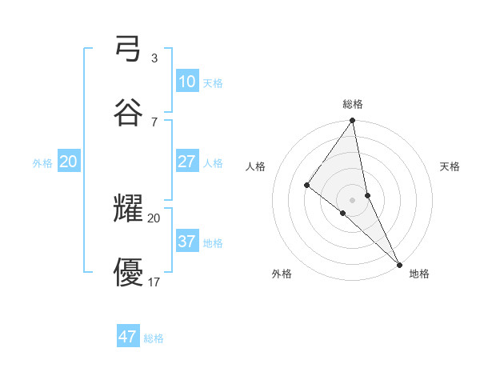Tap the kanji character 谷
(128, 112)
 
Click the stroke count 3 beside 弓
(154, 58)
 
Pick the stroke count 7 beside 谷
(154, 122)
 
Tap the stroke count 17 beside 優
(154, 282)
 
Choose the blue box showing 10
(186, 82)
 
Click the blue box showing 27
(186, 162)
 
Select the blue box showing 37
(186, 241)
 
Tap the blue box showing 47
(128, 337)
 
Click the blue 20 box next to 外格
(69, 162)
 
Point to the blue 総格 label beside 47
(154, 338)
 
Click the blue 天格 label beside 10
(213, 83)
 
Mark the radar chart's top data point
(352, 122)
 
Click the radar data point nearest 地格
(399, 264)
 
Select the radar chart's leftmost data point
(306, 186)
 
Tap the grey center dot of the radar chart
(352, 199)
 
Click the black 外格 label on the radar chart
(282, 274)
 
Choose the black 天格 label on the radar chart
(450, 166)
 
